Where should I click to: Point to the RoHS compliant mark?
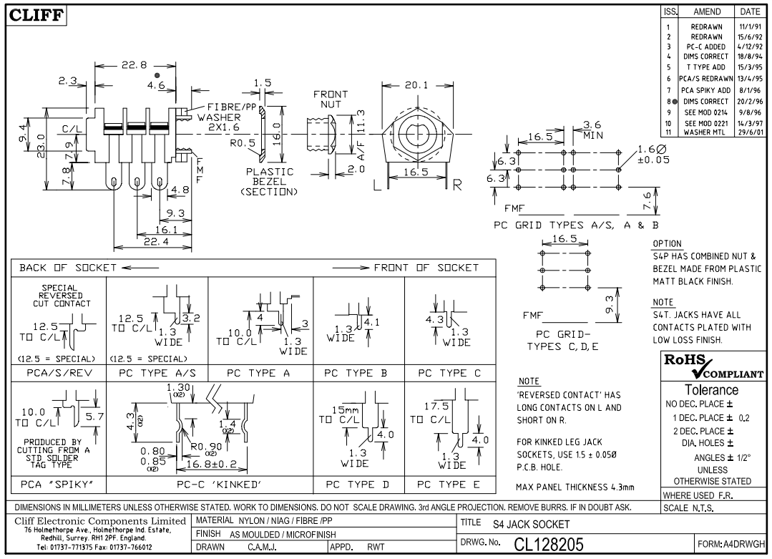pyautogui.click(x=714, y=366)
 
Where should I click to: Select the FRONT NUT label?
pyautogui.click(x=331, y=99)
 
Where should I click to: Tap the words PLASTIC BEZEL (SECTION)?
pyautogui.click(x=270, y=182)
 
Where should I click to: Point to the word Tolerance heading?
pyautogui.click(x=712, y=390)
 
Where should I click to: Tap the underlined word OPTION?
pyautogui.click(x=668, y=244)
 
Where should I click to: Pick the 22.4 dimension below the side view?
pyautogui.click(x=152, y=242)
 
